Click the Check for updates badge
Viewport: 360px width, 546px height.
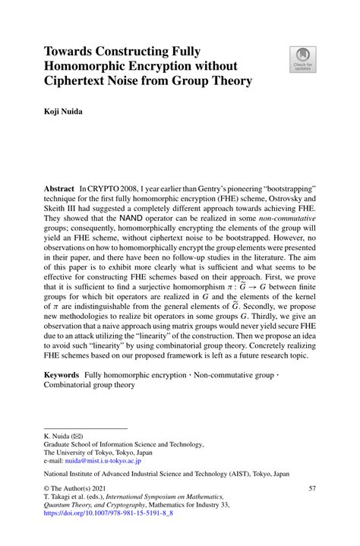point(303,59)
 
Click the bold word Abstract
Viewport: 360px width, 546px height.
point(59,187)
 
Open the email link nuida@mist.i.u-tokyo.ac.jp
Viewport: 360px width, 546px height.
point(103,460)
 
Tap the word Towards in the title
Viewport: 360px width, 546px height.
point(74,52)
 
